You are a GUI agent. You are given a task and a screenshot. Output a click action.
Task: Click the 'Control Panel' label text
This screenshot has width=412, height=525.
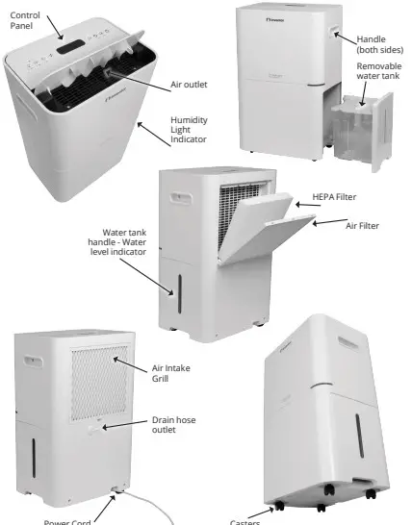coord(27,19)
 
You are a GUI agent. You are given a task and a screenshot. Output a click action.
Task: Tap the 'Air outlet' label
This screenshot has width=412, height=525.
coord(188,85)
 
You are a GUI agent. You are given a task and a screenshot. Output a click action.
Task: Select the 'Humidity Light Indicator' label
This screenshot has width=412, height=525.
coord(188,132)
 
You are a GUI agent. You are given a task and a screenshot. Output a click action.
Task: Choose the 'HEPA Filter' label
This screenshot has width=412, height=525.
coord(334,196)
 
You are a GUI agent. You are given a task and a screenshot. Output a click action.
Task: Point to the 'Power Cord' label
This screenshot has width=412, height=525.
coord(67,520)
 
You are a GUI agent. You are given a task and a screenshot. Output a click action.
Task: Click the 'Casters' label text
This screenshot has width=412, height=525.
coord(246,520)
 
